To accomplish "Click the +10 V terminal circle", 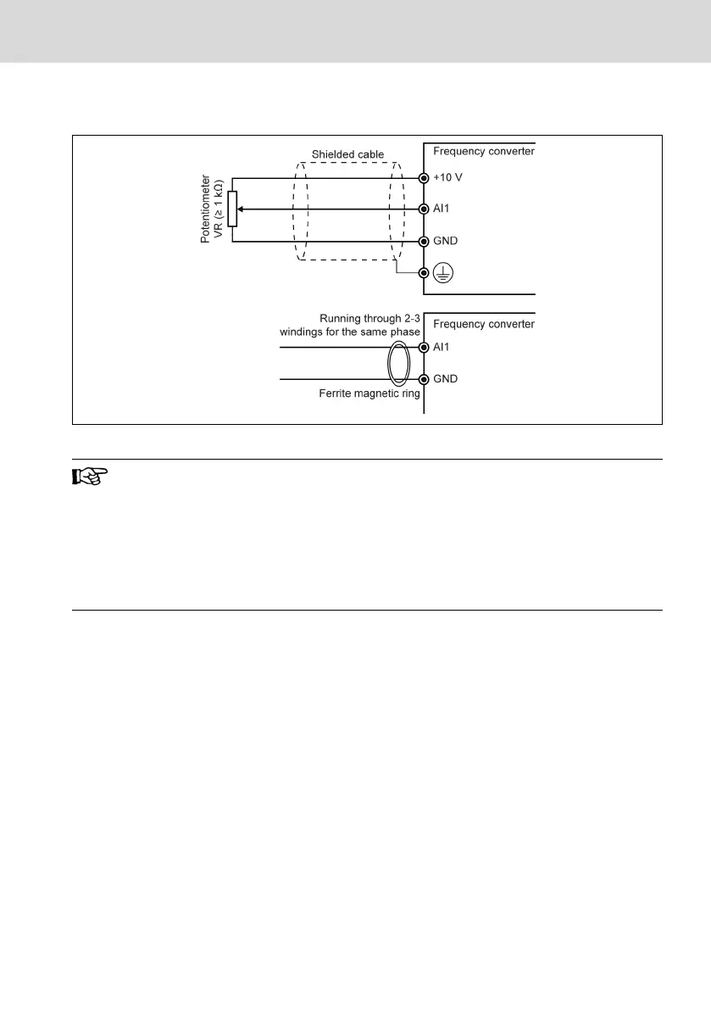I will click(x=423, y=177).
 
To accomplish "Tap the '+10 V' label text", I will click(x=447, y=177).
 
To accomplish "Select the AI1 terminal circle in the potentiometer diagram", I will click(x=423, y=209).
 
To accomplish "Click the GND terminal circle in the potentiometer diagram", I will click(x=423, y=241).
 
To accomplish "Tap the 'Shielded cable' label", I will click(x=347, y=153).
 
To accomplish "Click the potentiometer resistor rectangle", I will click(x=232, y=209).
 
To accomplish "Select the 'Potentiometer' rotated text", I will click(x=205, y=210).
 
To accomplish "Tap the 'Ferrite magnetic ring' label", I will click(x=369, y=393).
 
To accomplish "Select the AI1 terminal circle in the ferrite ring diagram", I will click(x=423, y=348).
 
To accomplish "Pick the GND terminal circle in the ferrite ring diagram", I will click(x=423, y=379).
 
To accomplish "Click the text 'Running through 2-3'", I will click(x=370, y=318).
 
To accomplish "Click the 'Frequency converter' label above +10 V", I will click(x=484, y=152).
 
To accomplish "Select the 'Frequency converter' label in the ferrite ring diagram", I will click(x=484, y=324).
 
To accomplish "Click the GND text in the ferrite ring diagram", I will click(x=445, y=379).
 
